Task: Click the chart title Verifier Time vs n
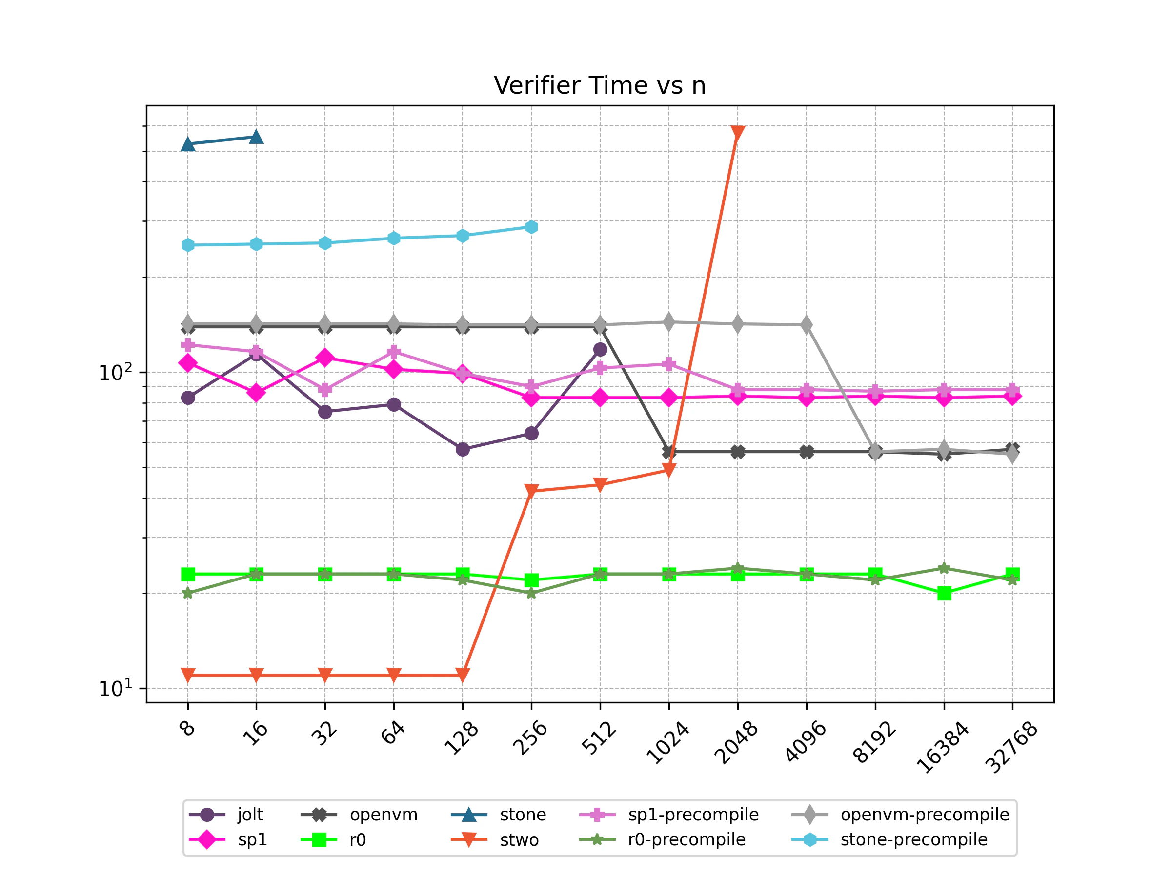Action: point(599,86)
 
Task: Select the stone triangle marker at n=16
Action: point(256,138)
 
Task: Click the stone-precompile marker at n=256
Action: point(531,227)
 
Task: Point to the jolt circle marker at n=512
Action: point(600,349)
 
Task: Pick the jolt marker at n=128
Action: point(462,449)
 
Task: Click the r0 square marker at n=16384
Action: point(944,593)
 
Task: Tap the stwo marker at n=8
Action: point(187,675)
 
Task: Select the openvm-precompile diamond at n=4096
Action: point(806,325)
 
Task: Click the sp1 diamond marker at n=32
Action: point(325,358)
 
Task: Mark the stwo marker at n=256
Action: point(531,491)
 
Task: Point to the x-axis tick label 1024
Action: point(668,743)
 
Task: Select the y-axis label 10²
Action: point(115,373)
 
